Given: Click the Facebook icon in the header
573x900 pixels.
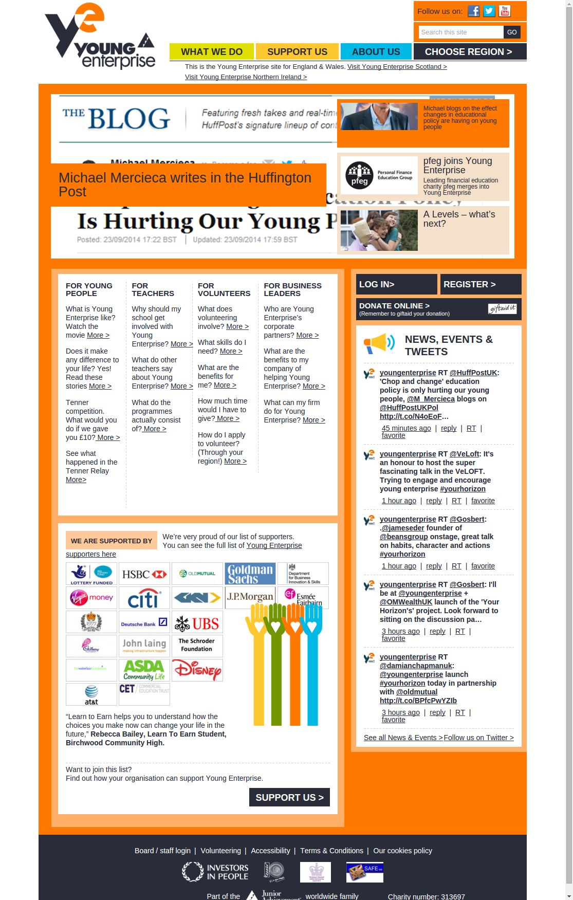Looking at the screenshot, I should coord(473,11).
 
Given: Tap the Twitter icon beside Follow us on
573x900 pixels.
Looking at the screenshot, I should coord(489,11).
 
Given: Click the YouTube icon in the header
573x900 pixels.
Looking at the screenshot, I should coord(505,11).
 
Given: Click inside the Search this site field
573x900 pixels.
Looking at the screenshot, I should coord(460,32).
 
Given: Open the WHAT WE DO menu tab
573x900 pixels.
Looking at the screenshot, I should coord(211,51).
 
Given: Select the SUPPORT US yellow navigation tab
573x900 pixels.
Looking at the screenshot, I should coord(297,51).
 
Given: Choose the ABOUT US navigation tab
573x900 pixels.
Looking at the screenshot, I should coord(376,51).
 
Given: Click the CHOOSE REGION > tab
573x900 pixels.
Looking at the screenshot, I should coord(469,51).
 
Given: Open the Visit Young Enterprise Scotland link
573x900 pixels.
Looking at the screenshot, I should coord(397,67).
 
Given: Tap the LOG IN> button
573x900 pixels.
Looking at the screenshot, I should coord(396,284).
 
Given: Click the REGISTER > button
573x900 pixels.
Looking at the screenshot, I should coord(480,284).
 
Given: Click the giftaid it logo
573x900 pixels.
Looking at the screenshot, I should coord(502,308).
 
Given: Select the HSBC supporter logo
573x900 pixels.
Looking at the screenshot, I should coord(144,574).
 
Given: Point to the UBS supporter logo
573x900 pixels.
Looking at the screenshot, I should coord(197,623).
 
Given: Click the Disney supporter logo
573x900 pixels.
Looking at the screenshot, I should coord(197,670).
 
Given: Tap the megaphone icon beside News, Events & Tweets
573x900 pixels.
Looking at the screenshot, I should coord(379,343).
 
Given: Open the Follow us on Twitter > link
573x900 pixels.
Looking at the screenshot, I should coord(478,738).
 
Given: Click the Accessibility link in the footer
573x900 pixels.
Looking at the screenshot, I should coord(270,851).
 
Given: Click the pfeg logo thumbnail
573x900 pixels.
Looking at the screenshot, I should coord(379,175).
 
